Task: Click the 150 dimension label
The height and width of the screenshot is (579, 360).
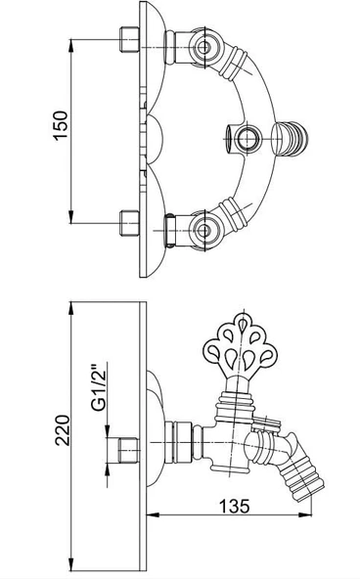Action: click(62, 125)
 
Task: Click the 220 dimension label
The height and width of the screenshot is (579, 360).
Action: click(63, 430)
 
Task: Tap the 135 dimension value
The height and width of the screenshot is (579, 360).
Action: click(235, 507)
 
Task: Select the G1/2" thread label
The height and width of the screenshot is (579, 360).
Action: click(98, 387)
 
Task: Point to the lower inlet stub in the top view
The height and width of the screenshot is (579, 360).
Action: click(129, 223)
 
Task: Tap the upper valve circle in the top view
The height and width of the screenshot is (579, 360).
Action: click(203, 47)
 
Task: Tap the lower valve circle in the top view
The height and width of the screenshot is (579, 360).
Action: click(203, 231)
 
